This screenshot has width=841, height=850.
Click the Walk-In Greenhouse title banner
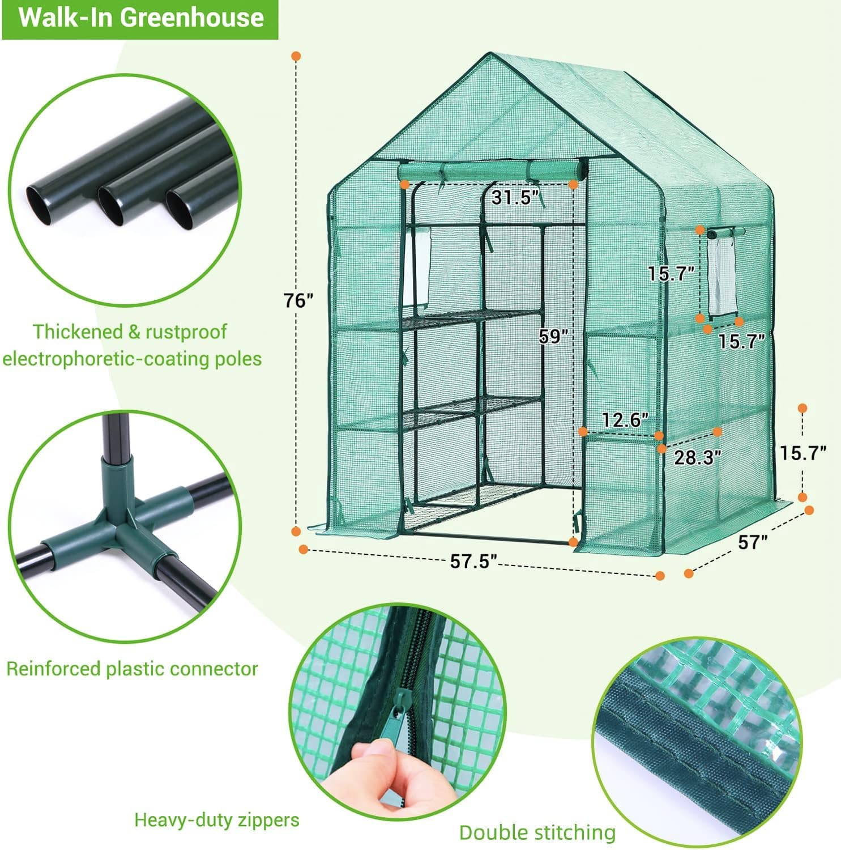[x=140, y=18]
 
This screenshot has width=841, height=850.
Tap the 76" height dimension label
[x=298, y=301]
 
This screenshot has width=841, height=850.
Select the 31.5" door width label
[x=514, y=198]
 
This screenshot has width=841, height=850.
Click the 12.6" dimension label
[x=624, y=420]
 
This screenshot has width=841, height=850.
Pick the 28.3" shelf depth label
[x=697, y=457]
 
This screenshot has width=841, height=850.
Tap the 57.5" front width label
[x=473, y=561]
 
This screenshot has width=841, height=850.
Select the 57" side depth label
[x=753, y=542]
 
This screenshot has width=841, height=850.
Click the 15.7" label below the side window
[x=741, y=341]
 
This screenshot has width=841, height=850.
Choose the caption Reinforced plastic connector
[x=132, y=669]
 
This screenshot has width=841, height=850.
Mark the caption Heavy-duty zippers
[x=216, y=819]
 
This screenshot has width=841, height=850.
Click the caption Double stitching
[x=537, y=832]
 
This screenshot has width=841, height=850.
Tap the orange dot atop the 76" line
[x=296, y=56]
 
